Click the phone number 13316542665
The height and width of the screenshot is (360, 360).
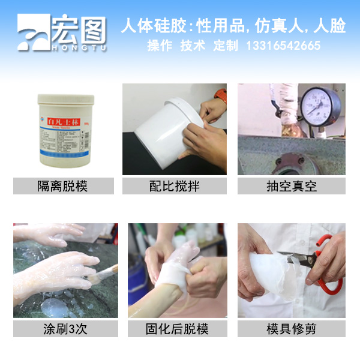click(283, 46)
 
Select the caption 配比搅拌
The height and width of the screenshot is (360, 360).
click(174, 186)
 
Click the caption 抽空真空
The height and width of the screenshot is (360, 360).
click(291, 186)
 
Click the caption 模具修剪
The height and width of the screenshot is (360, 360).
click(291, 328)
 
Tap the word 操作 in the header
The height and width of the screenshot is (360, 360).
click(160, 46)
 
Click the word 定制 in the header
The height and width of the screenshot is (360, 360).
click(226, 46)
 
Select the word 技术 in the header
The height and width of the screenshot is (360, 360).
click(193, 46)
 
